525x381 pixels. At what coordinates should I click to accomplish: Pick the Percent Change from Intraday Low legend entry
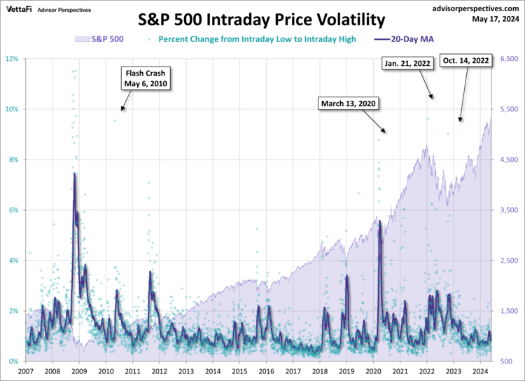pyautogui.click(x=257, y=39)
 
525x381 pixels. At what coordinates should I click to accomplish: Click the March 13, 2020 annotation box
pyautogui.click(x=349, y=104)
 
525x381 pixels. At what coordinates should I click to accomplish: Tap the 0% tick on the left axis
pyautogui.click(x=15, y=361)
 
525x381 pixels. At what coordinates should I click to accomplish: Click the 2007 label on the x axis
pyautogui.click(x=26, y=371)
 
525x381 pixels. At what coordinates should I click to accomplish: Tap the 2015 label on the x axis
pyautogui.click(x=239, y=371)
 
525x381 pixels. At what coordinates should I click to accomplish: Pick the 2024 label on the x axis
pyautogui.click(x=480, y=371)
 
